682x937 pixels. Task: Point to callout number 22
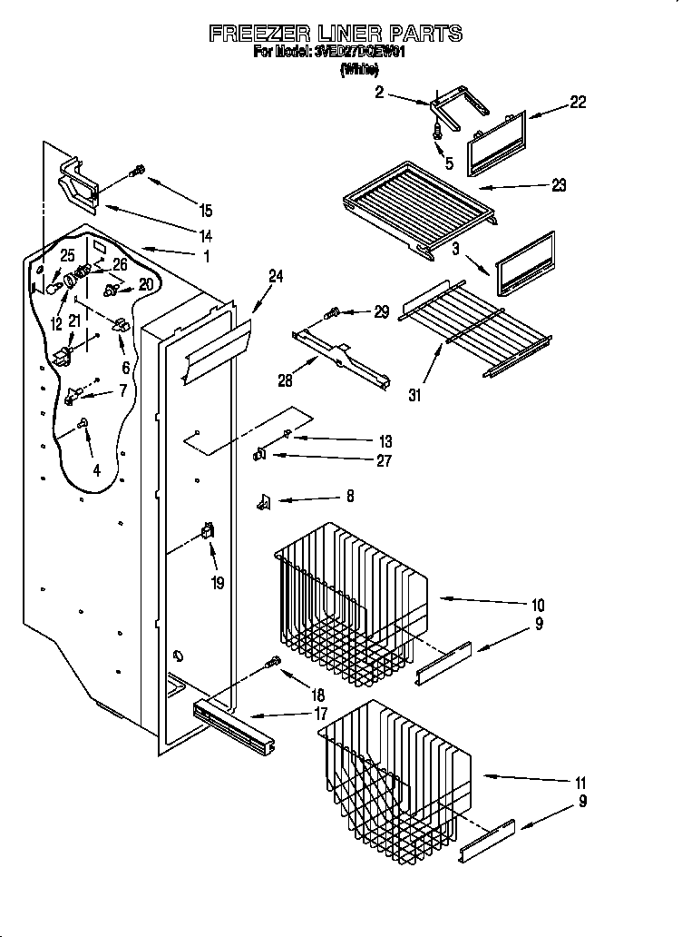pos(577,103)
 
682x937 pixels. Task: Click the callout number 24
pos(276,277)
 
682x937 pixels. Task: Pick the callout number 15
pos(206,211)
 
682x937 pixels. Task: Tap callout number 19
pos(217,583)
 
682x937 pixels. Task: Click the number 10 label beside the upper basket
pos(538,605)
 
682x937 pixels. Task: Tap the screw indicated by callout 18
pos(270,665)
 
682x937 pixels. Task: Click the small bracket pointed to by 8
pos(265,499)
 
